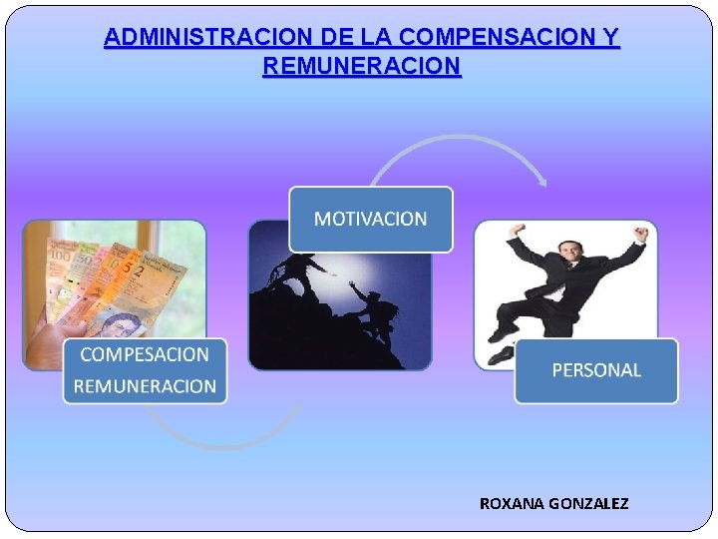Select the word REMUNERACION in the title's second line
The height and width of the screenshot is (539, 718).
click(x=361, y=67)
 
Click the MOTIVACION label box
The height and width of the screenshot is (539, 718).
click(x=370, y=219)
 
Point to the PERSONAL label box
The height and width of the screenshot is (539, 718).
click(x=596, y=370)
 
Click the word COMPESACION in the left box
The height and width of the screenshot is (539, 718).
click(x=145, y=354)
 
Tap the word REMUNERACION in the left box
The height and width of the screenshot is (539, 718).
click(x=145, y=386)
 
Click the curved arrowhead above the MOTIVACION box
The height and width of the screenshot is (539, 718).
click(x=541, y=181)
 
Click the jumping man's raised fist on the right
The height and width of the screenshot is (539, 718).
click(x=641, y=236)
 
